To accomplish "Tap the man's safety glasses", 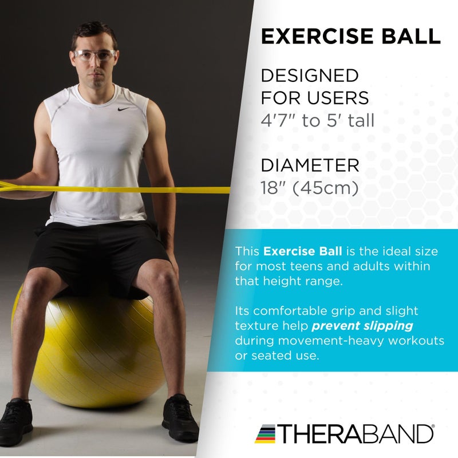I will [94, 56].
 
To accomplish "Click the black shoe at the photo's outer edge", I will [15, 421].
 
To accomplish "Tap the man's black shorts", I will [97, 252].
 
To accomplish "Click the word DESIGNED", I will [310, 76].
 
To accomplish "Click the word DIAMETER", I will [310, 166].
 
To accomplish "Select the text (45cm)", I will [326, 188].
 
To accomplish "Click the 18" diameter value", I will [274, 188].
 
